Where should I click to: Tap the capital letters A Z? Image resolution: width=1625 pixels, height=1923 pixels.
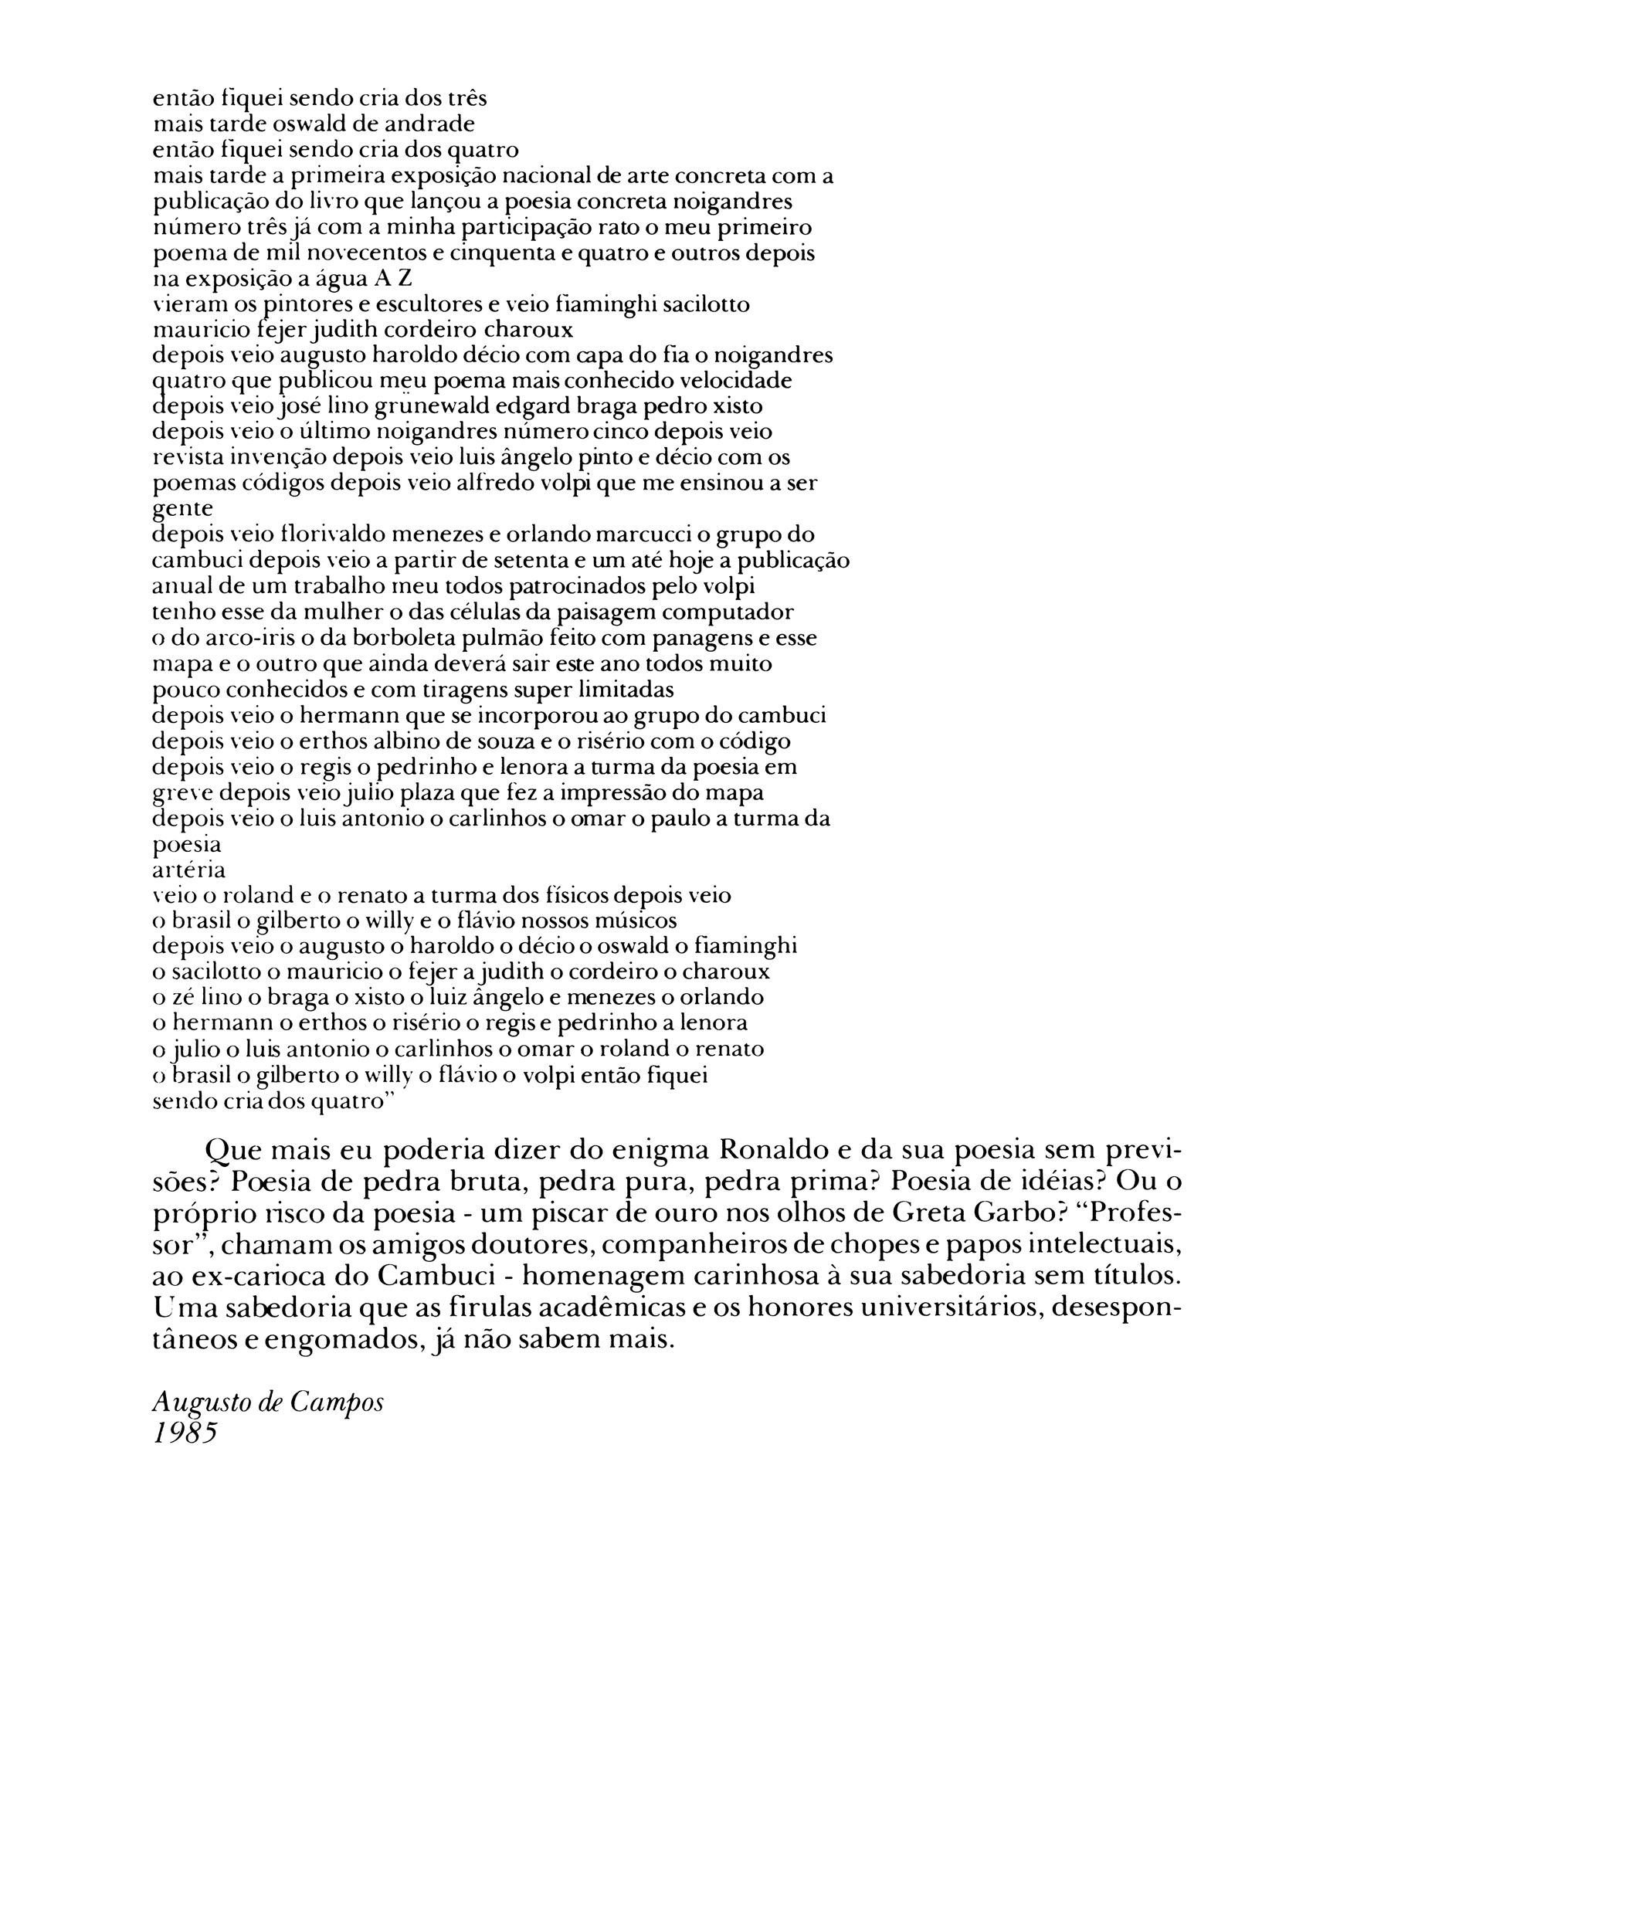tap(393, 278)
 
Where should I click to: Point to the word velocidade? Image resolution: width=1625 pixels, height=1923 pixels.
tap(741, 381)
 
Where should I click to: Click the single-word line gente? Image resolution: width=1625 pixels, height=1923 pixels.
tap(182, 509)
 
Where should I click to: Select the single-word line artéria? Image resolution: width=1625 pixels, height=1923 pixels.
tap(189, 870)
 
